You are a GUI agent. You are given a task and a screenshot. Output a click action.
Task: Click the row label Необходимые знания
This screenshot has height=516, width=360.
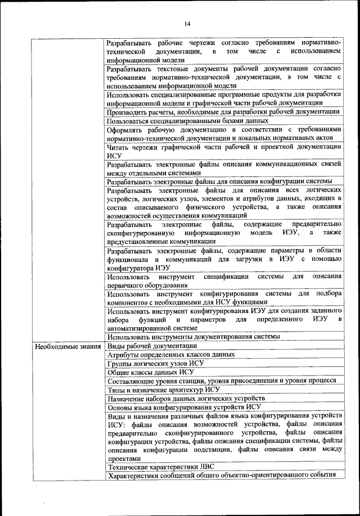(67, 346)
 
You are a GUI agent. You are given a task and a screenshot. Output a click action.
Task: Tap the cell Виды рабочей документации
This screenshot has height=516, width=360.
(152, 345)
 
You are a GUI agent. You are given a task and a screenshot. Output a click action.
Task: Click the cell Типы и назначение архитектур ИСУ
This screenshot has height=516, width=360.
(163, 389)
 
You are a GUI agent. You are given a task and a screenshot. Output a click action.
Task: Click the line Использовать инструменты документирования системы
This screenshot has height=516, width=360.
(193, 336)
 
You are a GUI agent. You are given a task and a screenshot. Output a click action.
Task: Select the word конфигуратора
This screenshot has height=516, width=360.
(131, 268)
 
